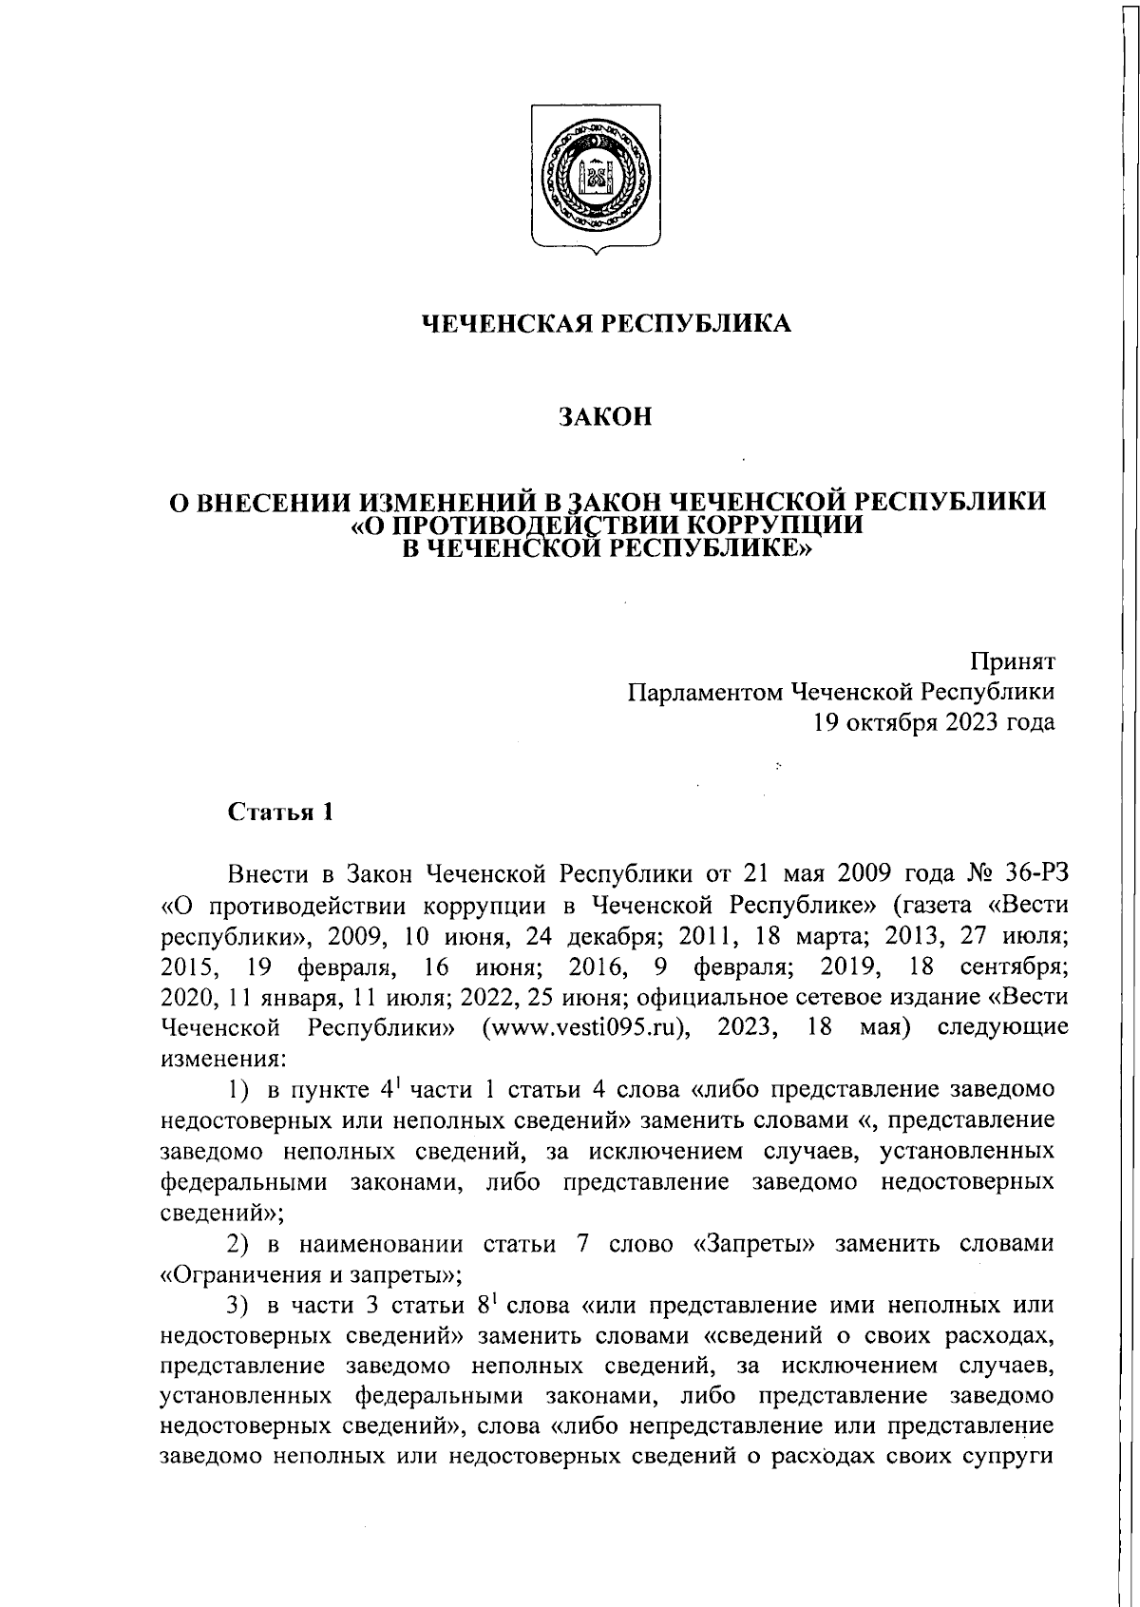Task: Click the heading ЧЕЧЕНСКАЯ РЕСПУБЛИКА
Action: [x=606, y=324]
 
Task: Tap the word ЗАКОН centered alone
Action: [x=605, y=417]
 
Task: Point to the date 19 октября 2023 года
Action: [x=933, y=722]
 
